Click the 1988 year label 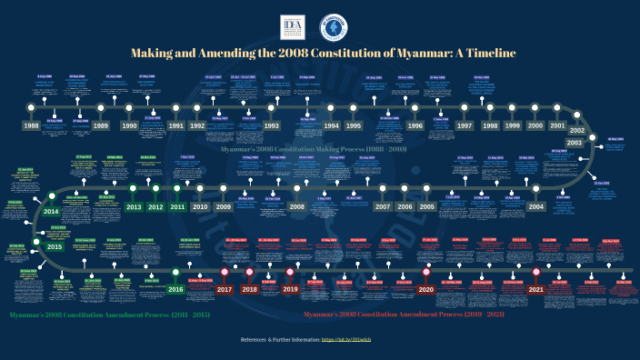[32, 125]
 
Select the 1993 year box [271, 125]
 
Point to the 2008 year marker [297, 207]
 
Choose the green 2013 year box [134, 207]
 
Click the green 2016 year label [175, 289]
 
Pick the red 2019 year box [289, 289]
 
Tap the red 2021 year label [535, 289]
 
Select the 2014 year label [52, 212]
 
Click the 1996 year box [415, 125]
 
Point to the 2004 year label [536, 207]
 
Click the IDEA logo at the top [293, 26]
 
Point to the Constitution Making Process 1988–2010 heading [314, 147]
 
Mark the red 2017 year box [225, 289]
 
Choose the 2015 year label [55, 246]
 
